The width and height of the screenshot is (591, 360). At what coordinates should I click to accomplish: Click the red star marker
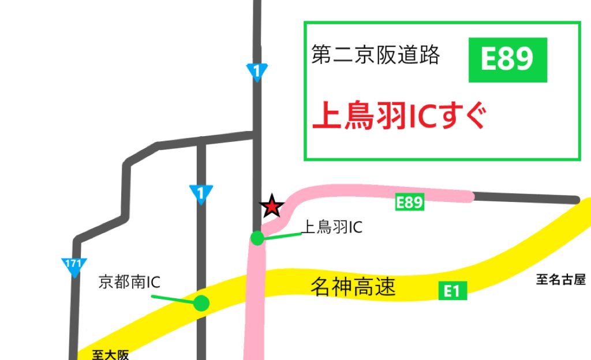[272, 206]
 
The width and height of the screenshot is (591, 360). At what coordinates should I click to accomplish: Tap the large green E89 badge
[507, 59]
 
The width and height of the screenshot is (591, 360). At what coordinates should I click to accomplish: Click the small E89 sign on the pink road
[410, 202]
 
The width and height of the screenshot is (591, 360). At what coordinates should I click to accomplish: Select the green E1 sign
[452, 291]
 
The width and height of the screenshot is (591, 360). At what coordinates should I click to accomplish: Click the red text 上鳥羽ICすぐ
[399, 117]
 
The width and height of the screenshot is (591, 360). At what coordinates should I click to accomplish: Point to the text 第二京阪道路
[376, 56]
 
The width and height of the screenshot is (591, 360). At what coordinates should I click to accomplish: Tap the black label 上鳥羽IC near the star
[333, 227]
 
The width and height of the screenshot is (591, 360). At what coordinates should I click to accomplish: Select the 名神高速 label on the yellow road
[353, 287]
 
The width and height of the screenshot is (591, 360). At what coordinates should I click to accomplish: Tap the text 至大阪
[110, 354]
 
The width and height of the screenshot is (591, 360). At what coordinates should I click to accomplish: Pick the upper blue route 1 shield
[257, 72]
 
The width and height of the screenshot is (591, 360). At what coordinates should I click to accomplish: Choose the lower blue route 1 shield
[201, 193]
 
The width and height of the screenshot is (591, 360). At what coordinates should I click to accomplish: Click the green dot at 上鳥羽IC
[257, 238]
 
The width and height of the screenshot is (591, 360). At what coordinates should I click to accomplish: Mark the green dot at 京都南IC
[201, 302]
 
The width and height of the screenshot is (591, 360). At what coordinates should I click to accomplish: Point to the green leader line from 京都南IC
[173, 299]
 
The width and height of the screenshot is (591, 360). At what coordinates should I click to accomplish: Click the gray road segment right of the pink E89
[525, 198]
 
